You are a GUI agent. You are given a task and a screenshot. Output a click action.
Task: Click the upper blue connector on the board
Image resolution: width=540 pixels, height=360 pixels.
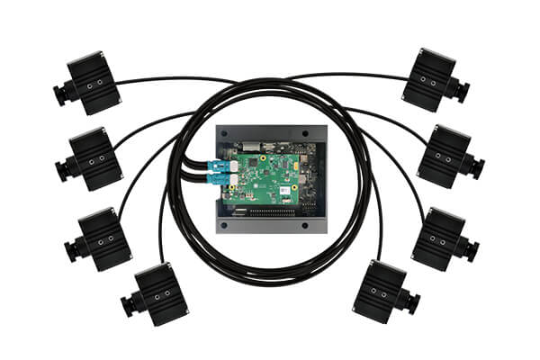220,166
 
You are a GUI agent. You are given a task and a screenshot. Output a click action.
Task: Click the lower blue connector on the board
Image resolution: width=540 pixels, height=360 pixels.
220,181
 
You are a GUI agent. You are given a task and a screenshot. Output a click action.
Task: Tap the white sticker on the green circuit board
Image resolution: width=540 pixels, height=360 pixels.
284,190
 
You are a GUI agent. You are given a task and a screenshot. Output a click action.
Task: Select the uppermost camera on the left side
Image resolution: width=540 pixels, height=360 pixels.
90,83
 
